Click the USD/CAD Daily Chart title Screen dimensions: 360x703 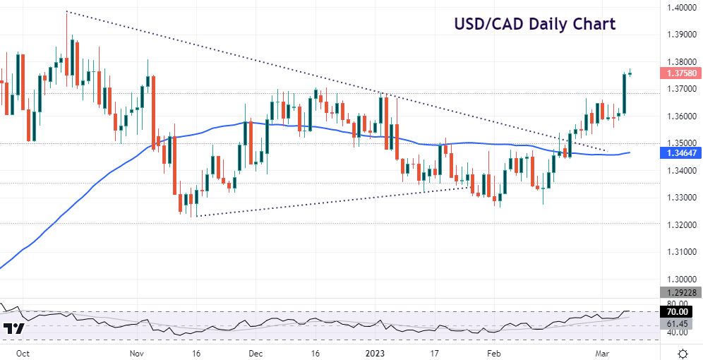coord(534,24)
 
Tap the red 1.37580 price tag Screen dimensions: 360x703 coord(682,73)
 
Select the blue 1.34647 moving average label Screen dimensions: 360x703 coord(682,152)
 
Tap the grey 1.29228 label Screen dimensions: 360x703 coord(682,292)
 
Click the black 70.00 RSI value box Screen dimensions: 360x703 coord(682,311)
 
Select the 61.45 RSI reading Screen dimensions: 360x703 coord(682,323)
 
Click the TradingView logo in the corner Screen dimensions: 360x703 coord(14,329)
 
